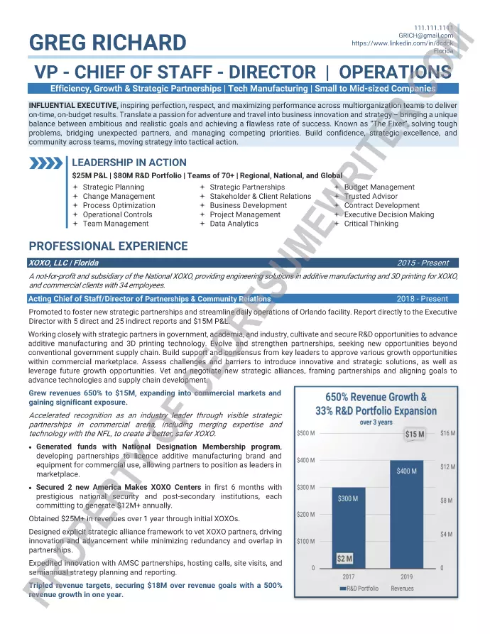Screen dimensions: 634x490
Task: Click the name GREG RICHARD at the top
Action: (x=108, y=43)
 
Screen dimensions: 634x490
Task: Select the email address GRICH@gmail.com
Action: (x=425, y=35)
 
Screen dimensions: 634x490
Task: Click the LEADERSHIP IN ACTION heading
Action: (x=129, y=163)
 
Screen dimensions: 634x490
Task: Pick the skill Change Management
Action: (x=119, y=197)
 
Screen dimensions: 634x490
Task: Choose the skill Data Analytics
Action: (x=234, y=224)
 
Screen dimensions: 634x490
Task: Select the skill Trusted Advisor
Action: (x=371, y=197)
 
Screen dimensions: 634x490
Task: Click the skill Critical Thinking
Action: (x=371, y=224)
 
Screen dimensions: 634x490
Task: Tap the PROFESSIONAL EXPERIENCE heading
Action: (x=108, y=246)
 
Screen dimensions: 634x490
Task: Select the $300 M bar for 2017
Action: (x=349, y=525)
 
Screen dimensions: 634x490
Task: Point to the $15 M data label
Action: (x=415, y=434)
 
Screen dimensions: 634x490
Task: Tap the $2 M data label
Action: (x=344, y=559)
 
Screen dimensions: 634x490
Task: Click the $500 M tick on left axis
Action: (x=306, y=433)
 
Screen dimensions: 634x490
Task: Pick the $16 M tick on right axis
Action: (x=447, y=433)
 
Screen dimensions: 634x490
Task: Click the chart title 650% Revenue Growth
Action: (x=376, y=397)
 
